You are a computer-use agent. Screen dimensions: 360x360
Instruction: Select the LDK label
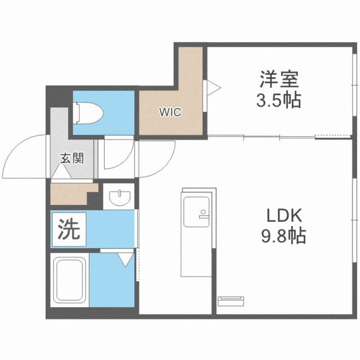point(284,215)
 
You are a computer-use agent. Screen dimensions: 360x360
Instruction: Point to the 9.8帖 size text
point(284,236)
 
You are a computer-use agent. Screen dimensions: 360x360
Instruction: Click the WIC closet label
point(169,112)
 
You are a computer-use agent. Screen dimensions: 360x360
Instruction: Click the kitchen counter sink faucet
point(202,213)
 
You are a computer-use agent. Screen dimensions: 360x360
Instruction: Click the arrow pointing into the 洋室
point(213,87)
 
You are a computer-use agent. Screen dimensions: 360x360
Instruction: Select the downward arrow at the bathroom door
point(125,259)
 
